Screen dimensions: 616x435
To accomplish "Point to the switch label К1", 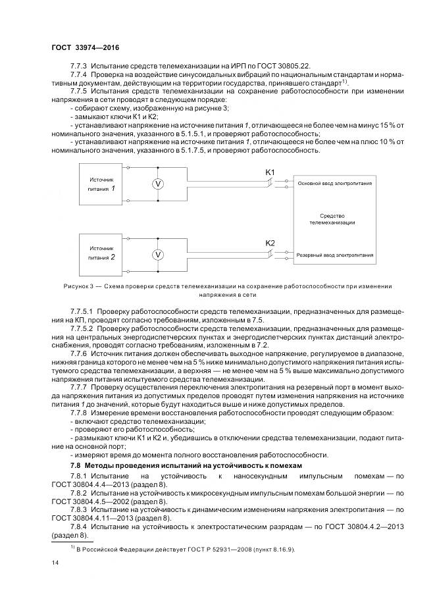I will pyautogui.click(x=270, y=172).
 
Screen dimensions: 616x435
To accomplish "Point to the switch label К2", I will pyautogui.click(x=270, y=243).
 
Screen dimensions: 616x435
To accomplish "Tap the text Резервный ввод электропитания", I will pyautogui.click(x=336, y=254).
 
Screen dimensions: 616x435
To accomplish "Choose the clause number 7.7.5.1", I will pyautogui.click(x=83, y=309).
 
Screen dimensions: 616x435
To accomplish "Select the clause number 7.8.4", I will pyautogui.click(x=79, y=528).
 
